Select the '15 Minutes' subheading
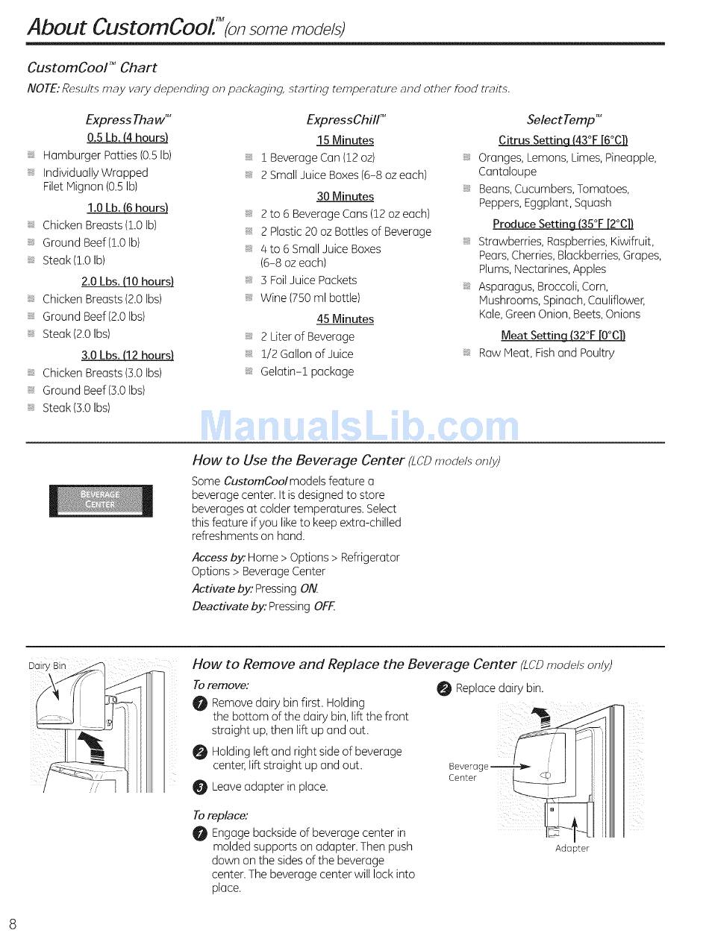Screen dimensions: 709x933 tap(345, 140)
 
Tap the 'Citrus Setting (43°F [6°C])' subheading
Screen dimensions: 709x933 tap(563, 140)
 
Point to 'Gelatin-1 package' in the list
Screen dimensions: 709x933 tap(307, 371)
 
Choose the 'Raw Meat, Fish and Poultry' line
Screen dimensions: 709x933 tap(546, 353)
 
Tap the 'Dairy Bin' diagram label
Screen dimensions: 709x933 tap(47, 666)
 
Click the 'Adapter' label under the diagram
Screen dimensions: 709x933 tap(572, 848)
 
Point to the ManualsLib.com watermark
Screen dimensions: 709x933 tap(359, 427)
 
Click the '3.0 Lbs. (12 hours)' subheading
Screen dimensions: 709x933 tap(128, 355)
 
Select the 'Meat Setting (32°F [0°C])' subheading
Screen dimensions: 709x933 tap(563, 335)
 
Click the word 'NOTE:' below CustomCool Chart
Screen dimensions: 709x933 tap(43, 89)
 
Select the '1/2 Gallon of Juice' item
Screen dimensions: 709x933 tap(307, 354)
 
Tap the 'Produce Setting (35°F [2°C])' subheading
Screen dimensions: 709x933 tap(563, 224)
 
